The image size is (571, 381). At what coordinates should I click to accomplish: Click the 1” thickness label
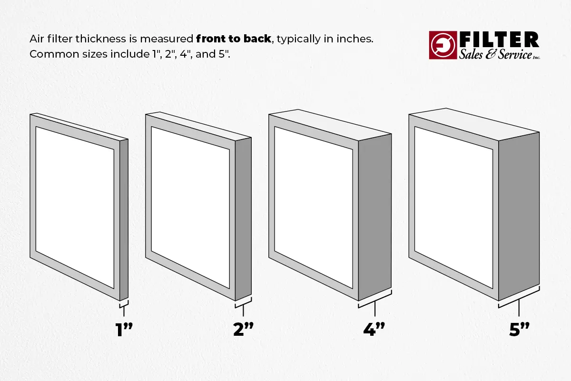point(124,329)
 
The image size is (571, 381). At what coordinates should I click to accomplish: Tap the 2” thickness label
point(244,329)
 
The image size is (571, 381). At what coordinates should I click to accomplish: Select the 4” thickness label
point(374,329)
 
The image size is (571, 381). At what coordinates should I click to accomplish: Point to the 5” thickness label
point(519,329)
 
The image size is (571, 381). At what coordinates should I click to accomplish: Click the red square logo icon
point(443,45)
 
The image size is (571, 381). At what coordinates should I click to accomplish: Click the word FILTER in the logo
point(499,40)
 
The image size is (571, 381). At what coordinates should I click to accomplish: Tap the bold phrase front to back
point(234,39)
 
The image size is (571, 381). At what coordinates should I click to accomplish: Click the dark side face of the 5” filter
point(519,216)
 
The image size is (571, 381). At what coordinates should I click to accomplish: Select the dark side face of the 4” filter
point(375,217)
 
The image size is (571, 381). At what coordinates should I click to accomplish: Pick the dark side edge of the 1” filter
point(124,220)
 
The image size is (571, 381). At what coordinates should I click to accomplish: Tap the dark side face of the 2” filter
point(243,219)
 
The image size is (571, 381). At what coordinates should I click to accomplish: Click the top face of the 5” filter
point(474,124)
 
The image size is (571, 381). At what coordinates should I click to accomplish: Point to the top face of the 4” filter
point(330,125)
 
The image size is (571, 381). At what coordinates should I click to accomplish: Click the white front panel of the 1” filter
point(75,208)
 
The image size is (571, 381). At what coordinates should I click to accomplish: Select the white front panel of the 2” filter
point(190,208)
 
